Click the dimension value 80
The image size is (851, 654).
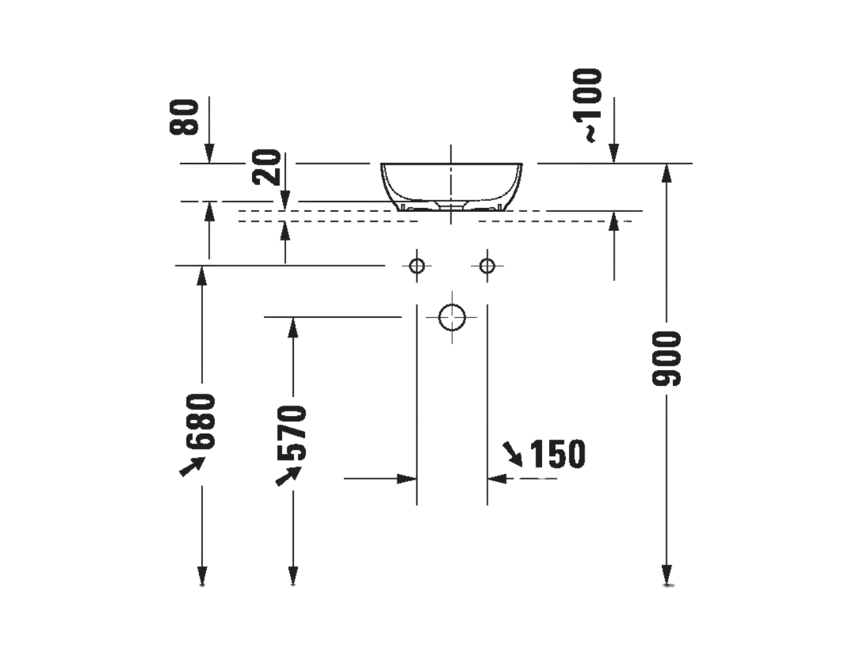(184, 117)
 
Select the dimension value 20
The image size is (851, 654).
(266, 167)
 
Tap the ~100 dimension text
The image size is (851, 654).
(587, 105)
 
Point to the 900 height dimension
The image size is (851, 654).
(666, 358)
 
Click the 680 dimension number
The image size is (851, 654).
(201, 422)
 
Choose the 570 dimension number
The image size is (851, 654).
(292, 432)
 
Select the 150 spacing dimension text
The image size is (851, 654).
(558, 454)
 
